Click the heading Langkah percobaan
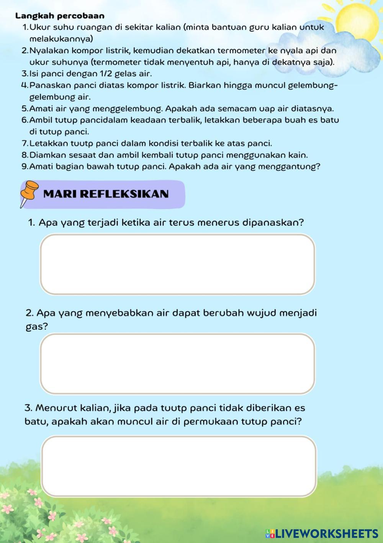pyautogui.click(x=60, y=16)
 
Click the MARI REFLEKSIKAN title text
pyautogui.click(x=106, y=193)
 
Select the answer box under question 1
pyautogui.click(x=178, y=264)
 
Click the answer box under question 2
pyautogui.click(x=178, y=363)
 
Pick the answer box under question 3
pyautogui.click(x=179, y=466)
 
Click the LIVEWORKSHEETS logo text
pyautogui.click(x=327, y=533)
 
